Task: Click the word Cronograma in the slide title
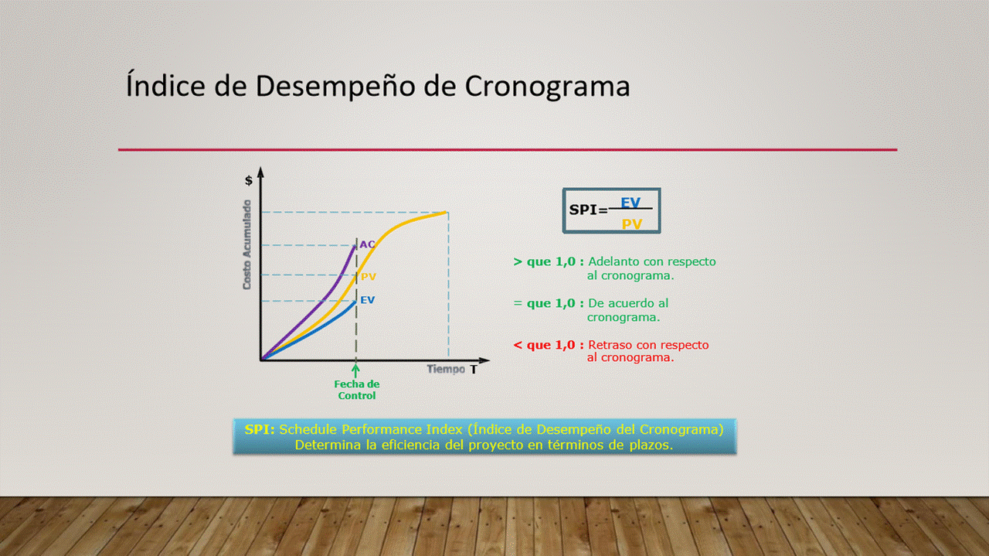(547, 86)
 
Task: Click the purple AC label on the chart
(367, 244)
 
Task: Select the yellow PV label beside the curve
(369, 277)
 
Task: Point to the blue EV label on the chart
(367, 300)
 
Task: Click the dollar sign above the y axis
(249, 180)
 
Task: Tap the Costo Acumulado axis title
(246, 245)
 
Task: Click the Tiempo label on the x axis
(446, 369)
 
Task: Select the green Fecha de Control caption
(357, 390)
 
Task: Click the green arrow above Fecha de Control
(356, 371)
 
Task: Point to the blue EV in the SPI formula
(630, 203)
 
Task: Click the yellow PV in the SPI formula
(632, 224)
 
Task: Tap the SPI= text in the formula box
(589, 210)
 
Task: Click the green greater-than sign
(518, 262)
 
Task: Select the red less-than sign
(518, 345)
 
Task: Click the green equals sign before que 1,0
(518, 304)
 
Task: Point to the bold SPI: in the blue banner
(260, 429)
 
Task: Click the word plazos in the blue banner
(651, 445)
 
